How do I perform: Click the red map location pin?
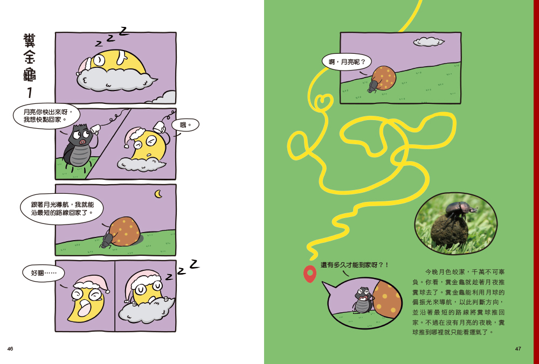pyautogui.click(x=310, y=274)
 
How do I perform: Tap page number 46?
pyautogui.click(x=10, y=349)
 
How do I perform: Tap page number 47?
pyautogui.click(x=518, y=349)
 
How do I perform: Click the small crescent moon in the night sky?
pyautogui.click(x=158, y=194)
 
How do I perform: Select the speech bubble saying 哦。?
pyautogui.click(x=185, y=125)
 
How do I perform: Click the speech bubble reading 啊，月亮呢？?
pyautogui.click(x=347, y=62)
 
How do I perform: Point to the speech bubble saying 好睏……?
pyautogui.click(x=44, y=274)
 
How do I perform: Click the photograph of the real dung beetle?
pyautogui.click(x=456, y=224)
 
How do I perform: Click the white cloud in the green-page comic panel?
pyautogui.click(x=429, y=42)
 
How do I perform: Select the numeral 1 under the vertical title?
pyautogui.click(x=30, y=93)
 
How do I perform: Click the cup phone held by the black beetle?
pyautogui.click(x=95, y=129)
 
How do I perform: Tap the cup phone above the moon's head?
pyautogui.click(x=158, y=127)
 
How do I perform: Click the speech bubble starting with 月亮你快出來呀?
pyautogui.click(x=46, y=116)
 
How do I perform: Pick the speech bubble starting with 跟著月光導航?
pyautogui.click(x=62, y=209)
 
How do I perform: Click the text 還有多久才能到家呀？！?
pyautogui.click(x=355, y=265)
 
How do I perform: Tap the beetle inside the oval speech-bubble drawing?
pyautogui.click(x=362, y=300)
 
